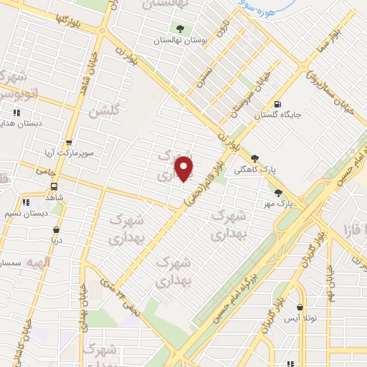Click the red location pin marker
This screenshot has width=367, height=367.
[184, 168]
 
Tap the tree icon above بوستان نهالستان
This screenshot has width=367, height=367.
[177, 29]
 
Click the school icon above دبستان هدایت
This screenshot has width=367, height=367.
[16, 113]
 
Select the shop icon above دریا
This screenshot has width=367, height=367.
[55, 230]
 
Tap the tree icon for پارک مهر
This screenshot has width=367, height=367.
[277, 192]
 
